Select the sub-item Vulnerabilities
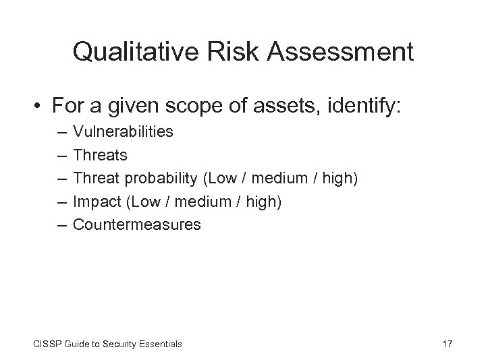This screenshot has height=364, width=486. [123, 132]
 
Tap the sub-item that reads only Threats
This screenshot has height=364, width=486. [100, 155]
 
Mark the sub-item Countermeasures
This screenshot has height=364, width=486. [137, 224]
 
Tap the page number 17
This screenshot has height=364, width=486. [447, 344]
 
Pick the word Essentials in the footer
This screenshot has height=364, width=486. [159, 344]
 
